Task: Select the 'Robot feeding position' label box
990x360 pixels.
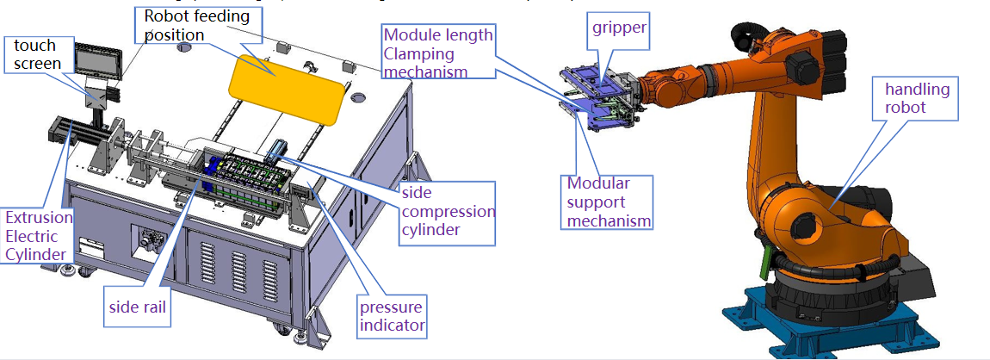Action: [197, 25]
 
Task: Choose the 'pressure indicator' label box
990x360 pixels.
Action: [392, 316]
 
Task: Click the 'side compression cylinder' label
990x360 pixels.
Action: [448, 211]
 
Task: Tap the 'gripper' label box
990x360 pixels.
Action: [619, 29]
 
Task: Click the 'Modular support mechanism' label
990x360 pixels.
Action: [608, 202]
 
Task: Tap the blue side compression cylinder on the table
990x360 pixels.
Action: [278, 152]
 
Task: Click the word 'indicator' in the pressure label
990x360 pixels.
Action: [392, 325]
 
